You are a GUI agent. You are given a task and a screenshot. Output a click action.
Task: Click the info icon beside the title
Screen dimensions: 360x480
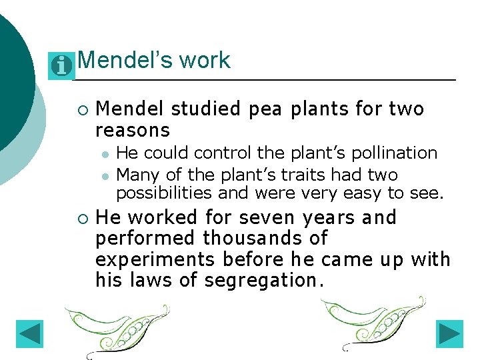coord(61,66)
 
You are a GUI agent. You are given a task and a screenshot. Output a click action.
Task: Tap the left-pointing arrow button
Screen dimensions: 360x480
coord(29,334)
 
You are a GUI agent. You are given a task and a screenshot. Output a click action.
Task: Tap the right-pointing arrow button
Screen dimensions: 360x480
coord(450,334)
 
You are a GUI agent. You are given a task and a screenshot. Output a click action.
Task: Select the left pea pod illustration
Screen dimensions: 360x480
coord(117,327)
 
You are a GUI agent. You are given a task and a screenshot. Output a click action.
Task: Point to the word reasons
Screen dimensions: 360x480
coord(133,129)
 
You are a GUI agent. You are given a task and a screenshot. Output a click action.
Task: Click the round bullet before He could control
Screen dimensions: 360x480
coord(105,154)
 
